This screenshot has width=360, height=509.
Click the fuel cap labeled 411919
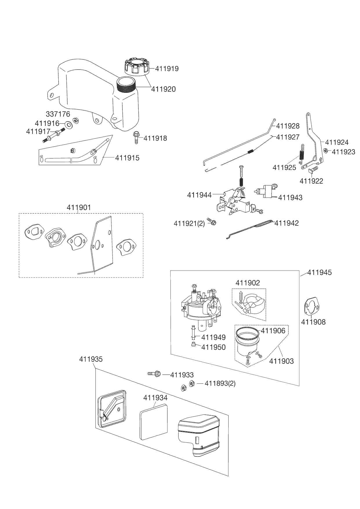pyautogui.click(x=137, y=66)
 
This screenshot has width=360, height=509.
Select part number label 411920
pyautogui.click(x=163, y=89)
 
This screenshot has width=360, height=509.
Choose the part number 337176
pyautogui.click(x=58, y=114)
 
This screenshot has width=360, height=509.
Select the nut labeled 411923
pyautogui.click(x=326, y=151)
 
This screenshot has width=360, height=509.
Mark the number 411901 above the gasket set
pyautogui.click(x=79, y=208)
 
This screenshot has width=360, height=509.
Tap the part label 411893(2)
pyautogui.click(x=220, y=383)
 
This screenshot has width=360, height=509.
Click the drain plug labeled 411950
pyautogui.click(x=194, y=344)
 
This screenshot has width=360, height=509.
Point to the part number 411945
pyautogui.click(x=319, y=273)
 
